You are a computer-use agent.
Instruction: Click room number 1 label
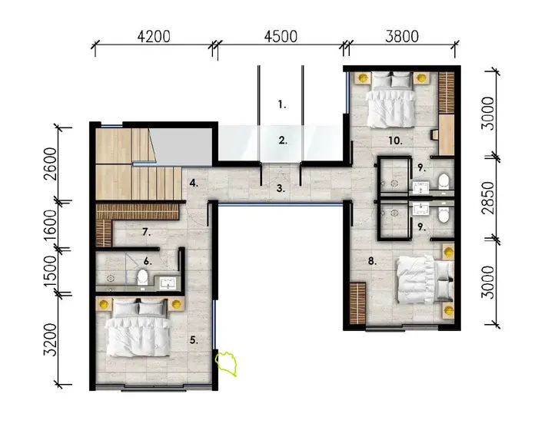(x=282, y=104)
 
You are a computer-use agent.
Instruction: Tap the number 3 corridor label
(x=281, y=187)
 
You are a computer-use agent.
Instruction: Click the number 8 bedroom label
(x=372, y=260)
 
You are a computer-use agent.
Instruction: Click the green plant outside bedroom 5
(x=228, y=363)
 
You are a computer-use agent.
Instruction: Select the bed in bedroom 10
(x=390, y=100)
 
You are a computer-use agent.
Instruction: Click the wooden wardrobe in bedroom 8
(x=357, y=303)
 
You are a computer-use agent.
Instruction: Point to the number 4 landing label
(x=195, y=183)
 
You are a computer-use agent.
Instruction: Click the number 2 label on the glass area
(x=283, y=141)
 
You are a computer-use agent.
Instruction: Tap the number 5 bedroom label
(x=194, y=339)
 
